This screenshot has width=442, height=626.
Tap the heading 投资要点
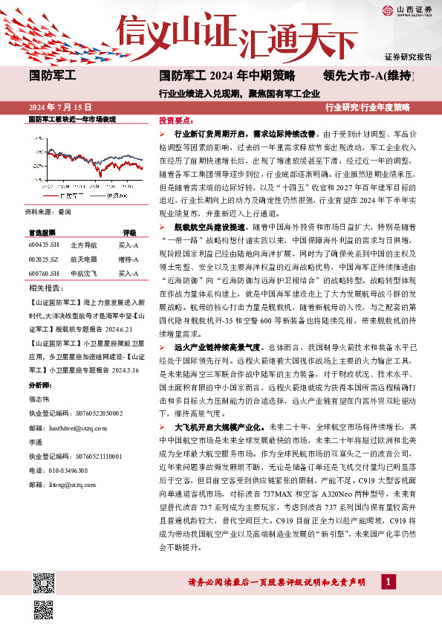coord(176,120)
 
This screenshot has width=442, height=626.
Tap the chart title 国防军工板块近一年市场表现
coord(72,119)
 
